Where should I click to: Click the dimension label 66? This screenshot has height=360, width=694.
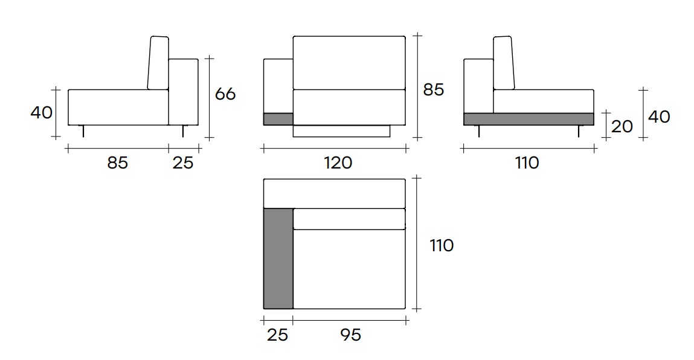[225, 94]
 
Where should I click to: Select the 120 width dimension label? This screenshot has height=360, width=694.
[338, 162]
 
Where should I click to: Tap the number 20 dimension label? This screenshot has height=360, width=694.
[622, 126]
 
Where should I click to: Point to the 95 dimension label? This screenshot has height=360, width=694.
[350, 334]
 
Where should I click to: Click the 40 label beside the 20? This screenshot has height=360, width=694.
[659, 117]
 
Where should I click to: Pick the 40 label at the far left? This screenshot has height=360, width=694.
[41, 112]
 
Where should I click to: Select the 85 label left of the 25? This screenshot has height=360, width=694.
[117, 162]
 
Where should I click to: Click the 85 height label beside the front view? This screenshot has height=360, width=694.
[433, 89]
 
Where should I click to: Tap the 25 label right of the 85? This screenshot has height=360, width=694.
[183, 162]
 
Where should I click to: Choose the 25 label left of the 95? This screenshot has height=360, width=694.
[277, 334]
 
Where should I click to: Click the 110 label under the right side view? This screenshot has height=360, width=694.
[527, 162]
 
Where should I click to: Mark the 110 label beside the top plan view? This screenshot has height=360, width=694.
[442, 245]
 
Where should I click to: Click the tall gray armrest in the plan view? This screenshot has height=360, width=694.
[278, 258]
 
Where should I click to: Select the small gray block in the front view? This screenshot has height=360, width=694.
[278, 119]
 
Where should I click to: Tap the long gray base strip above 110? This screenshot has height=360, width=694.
[529, 119]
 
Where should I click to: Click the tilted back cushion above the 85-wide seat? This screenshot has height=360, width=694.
[158, 63]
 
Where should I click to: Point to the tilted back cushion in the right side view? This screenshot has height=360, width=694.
[504, 63]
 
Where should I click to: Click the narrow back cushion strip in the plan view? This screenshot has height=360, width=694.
[349, 219]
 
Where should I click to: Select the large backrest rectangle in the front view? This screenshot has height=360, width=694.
[349, 63]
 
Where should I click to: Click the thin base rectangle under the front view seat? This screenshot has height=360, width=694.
[342, 131]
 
